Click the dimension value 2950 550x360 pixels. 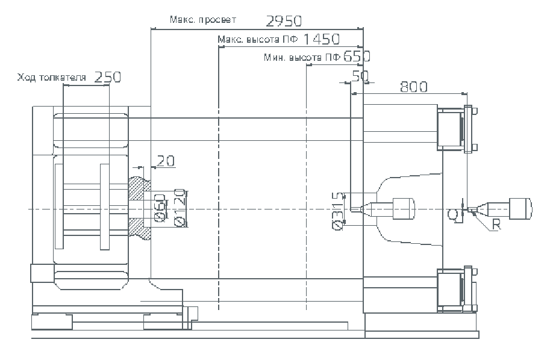click(284, 22)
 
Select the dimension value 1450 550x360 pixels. click(322, 40)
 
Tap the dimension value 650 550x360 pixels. click(356, 57)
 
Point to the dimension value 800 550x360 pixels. click(413, 87)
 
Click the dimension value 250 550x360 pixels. click(108, 77)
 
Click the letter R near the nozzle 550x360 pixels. click(496, 225)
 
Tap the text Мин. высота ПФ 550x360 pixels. click(302, 58)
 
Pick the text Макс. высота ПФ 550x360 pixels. click(258, 40)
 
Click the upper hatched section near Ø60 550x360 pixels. click(138, 188)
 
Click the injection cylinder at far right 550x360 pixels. click(520, 208)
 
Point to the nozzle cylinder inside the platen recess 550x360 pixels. click(404, 208)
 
